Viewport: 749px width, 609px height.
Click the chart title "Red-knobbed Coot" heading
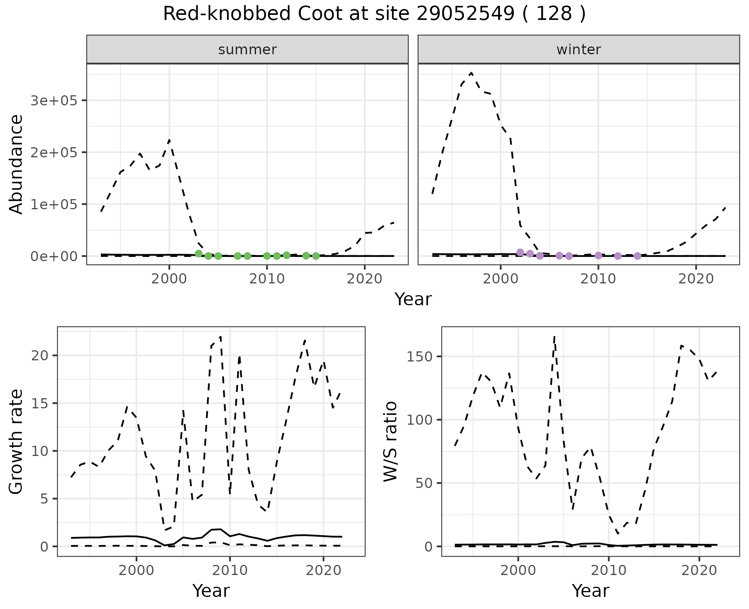tap(374, 14)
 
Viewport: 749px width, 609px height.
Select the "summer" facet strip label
tap(247, 50)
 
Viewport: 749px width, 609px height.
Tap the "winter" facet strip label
tap(579, 50)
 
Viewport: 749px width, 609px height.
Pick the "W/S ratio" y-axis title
tap(390, 442)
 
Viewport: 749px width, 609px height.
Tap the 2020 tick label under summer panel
tap(364, 279)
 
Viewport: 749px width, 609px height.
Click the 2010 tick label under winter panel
tap(598, 279)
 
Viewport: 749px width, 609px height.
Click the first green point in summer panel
tap(199, 254)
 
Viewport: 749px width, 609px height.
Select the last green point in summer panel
tap(316, 256)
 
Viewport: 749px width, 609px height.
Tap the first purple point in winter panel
tap(520, 252)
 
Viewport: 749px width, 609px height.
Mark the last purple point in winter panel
tap(637, 256)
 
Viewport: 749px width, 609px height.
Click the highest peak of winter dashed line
tap(472, 73)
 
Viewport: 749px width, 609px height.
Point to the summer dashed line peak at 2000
tap(169, 140)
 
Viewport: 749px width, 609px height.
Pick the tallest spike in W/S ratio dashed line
tap(554, 336)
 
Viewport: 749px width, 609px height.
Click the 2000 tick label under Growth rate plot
tap(136, 570)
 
